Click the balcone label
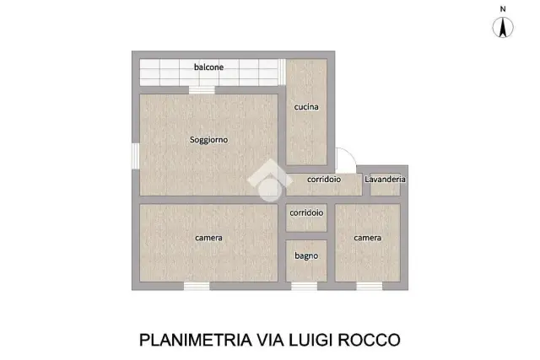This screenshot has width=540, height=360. click(208, 67)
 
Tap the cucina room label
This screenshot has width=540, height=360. click(306, 107)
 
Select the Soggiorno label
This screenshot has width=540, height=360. click(208, 140)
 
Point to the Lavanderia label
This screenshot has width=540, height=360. click(385, 180)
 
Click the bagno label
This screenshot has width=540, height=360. click(306, 256)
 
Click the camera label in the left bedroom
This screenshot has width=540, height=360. click(208, 238)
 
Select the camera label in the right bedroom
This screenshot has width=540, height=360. click(368, 238)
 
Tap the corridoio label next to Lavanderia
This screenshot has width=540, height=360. click(324, 180)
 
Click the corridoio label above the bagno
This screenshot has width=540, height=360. click(306, 212)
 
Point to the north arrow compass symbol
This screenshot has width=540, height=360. click(503, 28)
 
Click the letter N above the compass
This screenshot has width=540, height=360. click(503, 9)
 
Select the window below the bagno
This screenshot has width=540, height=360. click(305, 286)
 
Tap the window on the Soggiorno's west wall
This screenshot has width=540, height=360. click(136, 156)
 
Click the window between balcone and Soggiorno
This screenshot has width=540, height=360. click(202, 90)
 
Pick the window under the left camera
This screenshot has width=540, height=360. click(197, 286)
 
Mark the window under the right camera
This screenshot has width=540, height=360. click(370, 286)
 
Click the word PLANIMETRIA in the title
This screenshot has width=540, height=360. click(196, 340)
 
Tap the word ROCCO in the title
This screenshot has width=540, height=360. click(369, 340)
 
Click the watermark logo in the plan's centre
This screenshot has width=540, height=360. click(270, 180)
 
